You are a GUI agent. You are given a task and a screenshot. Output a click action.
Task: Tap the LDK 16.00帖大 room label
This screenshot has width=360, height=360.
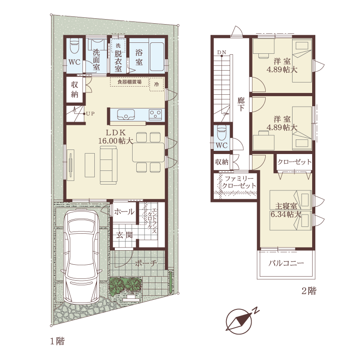click(116, 137)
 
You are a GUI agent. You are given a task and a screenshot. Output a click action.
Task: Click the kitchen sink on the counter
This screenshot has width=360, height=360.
click(126, 114)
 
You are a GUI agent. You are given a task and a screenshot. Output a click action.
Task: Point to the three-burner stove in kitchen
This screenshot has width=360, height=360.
click(155, 114)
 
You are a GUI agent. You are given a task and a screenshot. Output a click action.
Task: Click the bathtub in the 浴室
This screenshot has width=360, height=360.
click(157, 56)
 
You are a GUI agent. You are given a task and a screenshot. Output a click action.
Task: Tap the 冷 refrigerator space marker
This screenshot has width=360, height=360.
click(156, 84)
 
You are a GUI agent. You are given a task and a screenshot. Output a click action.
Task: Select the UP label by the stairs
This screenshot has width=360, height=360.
click(90, 113)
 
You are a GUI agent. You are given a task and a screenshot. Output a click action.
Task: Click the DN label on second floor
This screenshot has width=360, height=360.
click(221, 52)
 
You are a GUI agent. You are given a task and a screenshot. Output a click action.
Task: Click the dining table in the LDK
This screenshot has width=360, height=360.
click(148, 152)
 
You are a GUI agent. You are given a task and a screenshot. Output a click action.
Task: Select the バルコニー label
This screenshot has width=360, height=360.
click(286, 263)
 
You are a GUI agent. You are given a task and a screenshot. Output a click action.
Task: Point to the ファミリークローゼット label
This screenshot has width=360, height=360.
click(239, 182)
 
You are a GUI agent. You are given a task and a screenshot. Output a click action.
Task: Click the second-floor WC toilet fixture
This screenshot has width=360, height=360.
click(222, 133)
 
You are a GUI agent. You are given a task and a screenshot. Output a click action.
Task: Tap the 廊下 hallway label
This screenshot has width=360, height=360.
click(241, 104)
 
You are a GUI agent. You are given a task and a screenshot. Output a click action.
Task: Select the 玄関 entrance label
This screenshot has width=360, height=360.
click(124, 235)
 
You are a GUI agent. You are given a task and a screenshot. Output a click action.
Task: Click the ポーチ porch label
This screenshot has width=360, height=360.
click(146, 263)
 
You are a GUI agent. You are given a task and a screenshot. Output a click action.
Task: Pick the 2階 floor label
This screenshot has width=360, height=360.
click(309, 291)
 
